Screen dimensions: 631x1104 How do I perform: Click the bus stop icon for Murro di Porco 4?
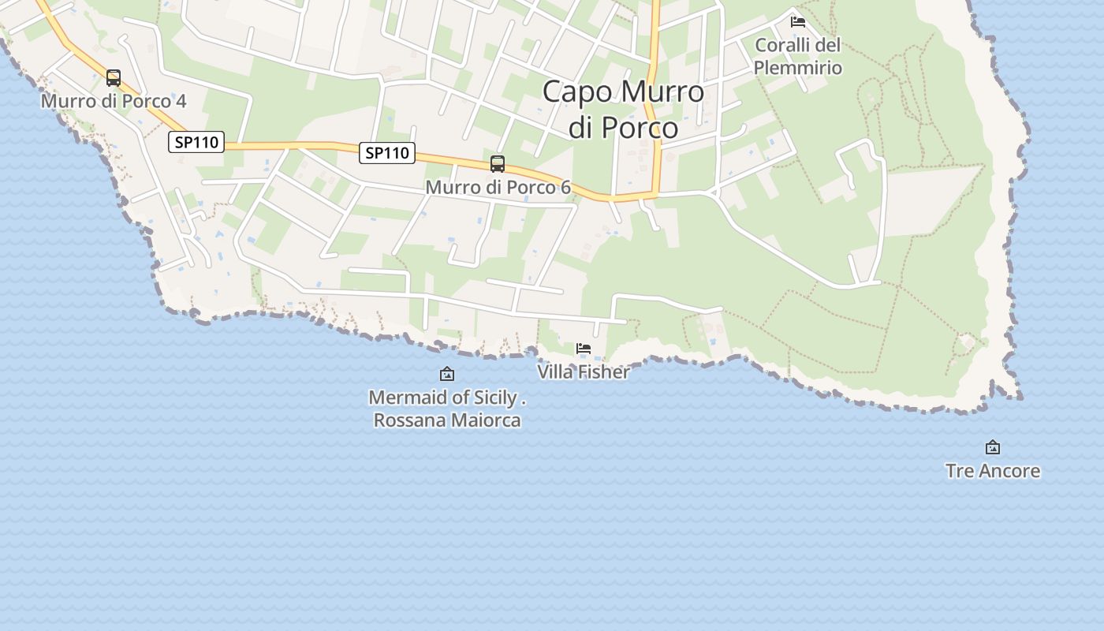tap(114, 78)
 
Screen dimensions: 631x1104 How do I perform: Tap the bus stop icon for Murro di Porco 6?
tap(498, 164)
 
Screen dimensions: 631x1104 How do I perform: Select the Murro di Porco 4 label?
tap(114, 101)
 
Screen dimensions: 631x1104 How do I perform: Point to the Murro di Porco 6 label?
tap(498, 187)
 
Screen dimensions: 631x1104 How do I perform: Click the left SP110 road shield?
tap(196, 142)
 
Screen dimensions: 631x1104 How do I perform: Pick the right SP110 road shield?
tap(387, 152)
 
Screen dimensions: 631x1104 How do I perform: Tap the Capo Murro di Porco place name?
tap(623, 109)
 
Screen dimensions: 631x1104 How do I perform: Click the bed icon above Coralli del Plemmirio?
tap(798, 21)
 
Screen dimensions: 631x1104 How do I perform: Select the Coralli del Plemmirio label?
tap(798, 56)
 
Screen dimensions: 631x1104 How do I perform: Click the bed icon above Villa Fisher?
tap(584, 348)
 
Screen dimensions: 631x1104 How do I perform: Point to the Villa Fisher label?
tap(584, 372)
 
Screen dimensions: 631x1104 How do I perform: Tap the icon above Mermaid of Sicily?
tap(447, 374)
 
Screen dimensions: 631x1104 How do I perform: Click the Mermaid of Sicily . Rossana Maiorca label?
tap(447, 409)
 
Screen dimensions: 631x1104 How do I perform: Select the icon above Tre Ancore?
tap(993, 447)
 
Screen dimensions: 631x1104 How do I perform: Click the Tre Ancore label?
tap(993, 471)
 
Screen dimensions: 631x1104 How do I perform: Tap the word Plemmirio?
tap(798, 68)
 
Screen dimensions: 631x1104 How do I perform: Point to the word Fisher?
tap(604, 372)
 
